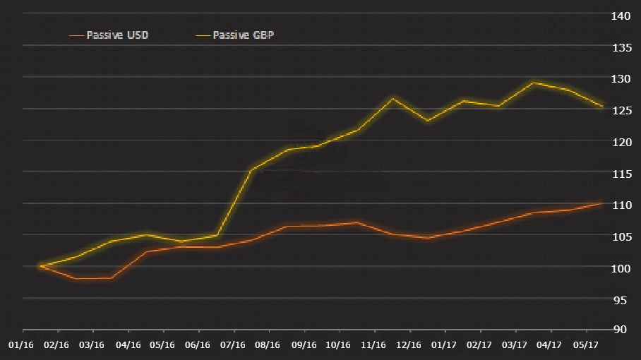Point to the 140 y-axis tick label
[x=622, y=16]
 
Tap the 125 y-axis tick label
[x=622, y=111]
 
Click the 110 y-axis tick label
[x=622, y=205]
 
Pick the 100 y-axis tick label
[x=622, y=269]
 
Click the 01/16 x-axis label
[x=21, y=345]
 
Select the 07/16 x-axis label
[x=232, y=345]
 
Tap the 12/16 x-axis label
[x=409, y=345]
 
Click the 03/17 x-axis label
[x=514, y=345]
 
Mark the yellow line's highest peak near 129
[x=534, y=83]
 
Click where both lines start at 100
[x=41, y=266]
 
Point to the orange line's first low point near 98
[x=76, y=278]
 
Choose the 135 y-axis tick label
[x=622, y=48]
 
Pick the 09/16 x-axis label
[x=303, y=345]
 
